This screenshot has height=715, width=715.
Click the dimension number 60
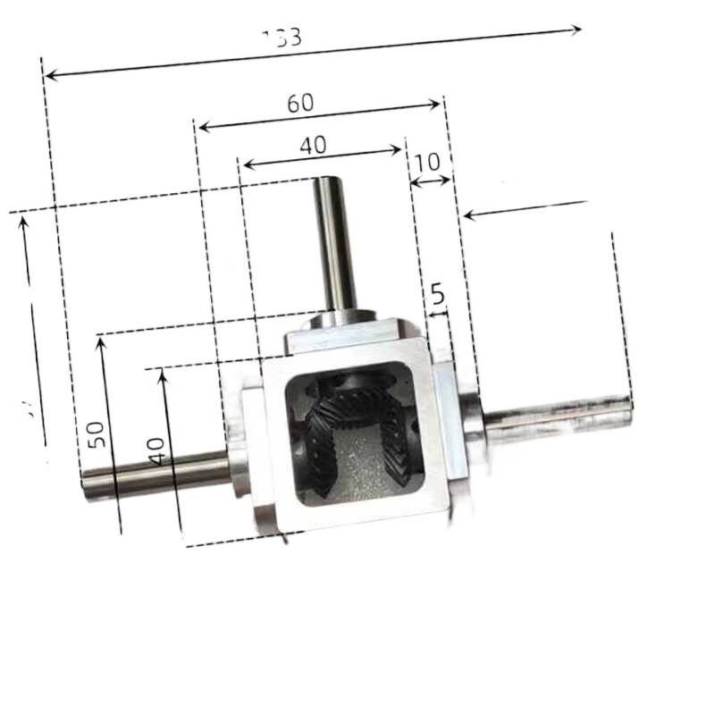coord(300,103)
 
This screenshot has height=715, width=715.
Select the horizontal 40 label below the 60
coord(313,146)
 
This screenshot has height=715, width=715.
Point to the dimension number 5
coord(437,292)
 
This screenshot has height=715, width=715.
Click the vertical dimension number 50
coord(97,434)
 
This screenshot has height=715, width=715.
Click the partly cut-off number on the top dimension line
coord(283,38)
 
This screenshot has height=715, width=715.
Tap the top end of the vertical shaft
coord(324,182)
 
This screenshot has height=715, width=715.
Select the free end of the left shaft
coord(87,484)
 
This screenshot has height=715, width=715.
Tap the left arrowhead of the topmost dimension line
coord(49,75)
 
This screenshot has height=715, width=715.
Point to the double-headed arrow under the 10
coord(430,182)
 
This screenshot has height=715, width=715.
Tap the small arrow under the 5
coord(437,313)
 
